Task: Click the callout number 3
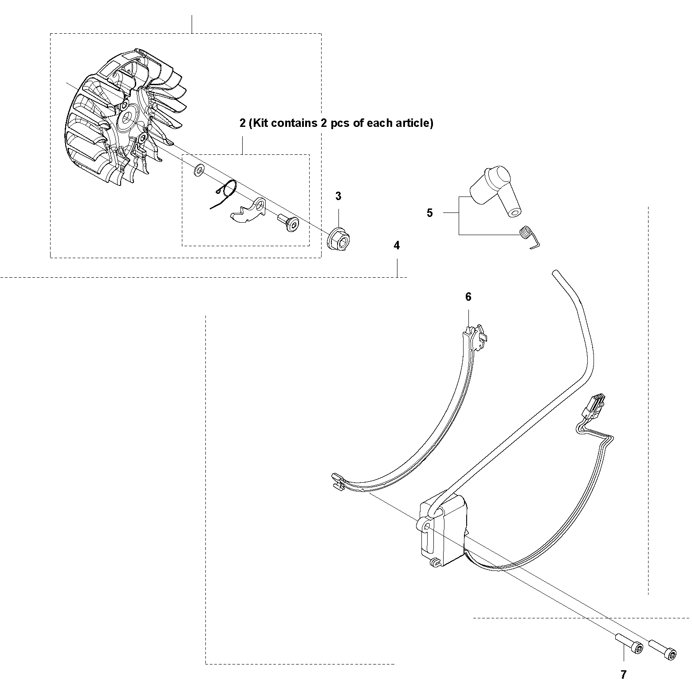[338, 197]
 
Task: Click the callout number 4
[397, 245]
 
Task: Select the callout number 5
[429, 213]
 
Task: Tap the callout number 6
[468, 297]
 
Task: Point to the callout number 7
[623, 675]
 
